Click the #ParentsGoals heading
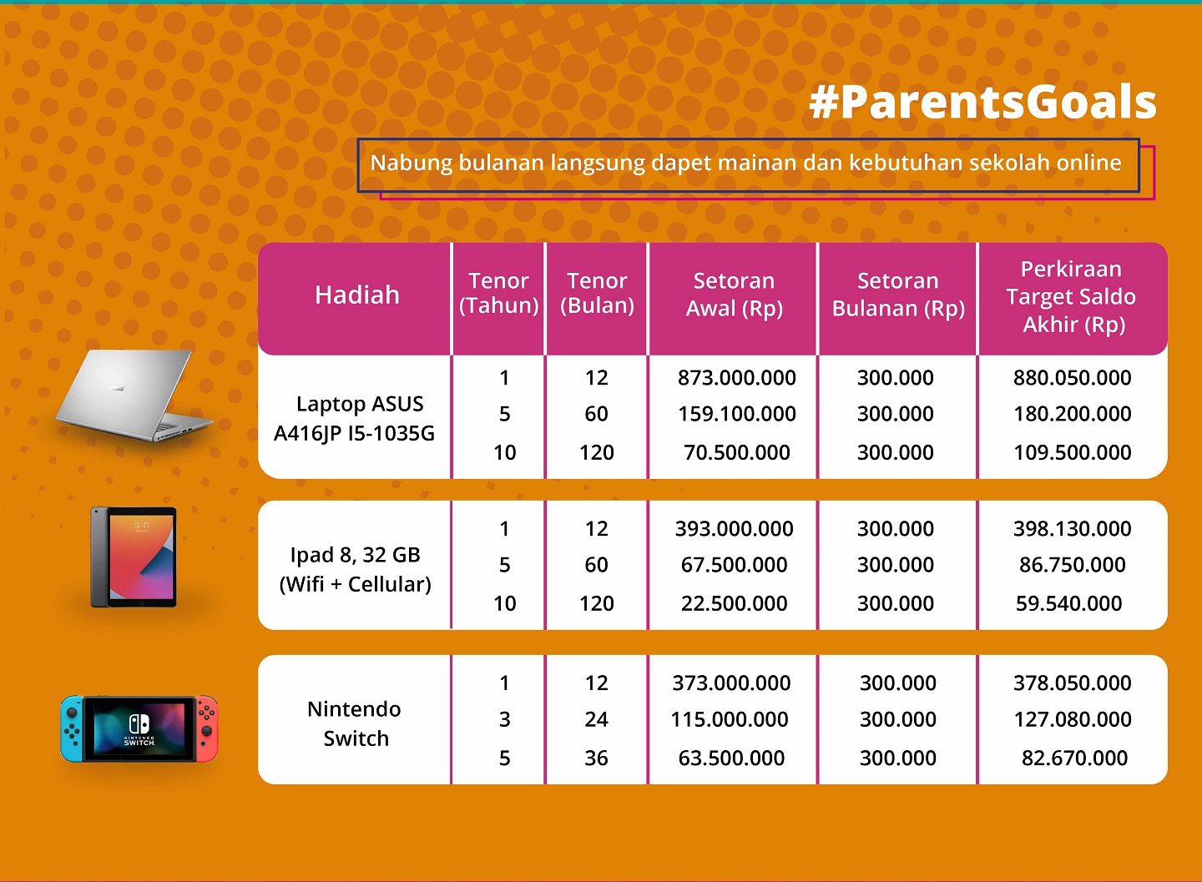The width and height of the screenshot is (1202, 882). [x=982, y=103]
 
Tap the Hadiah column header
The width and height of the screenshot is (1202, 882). [x=357, y=295]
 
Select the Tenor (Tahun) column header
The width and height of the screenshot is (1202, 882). [x=498, y=294]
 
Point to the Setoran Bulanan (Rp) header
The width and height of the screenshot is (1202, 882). [x=898, y=295]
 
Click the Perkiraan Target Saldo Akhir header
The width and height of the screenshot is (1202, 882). [x=1071, y=297]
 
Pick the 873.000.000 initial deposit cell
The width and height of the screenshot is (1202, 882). [x=736, y=378]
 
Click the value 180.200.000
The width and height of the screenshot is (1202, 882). [x=1072, y=414]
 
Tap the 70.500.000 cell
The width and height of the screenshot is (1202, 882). [x=736, y=452]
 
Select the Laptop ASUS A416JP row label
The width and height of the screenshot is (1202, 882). [x=355, y=418]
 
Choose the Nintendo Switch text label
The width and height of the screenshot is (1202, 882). [x=355, y=723]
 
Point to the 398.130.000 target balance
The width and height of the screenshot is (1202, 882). [x=1072, y=529]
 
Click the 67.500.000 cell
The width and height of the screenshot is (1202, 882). [x=734, y=564]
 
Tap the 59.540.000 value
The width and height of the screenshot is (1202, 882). [x=1068, y=603]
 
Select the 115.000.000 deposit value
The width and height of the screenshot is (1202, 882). [x=730, y=719]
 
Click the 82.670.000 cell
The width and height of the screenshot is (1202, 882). [x=1073, y=758]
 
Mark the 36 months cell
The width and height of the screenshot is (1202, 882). [x=596, y=758]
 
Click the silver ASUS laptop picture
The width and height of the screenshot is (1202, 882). [x=134, y=396]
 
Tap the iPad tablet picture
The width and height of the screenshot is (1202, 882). [x=134, y=557]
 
